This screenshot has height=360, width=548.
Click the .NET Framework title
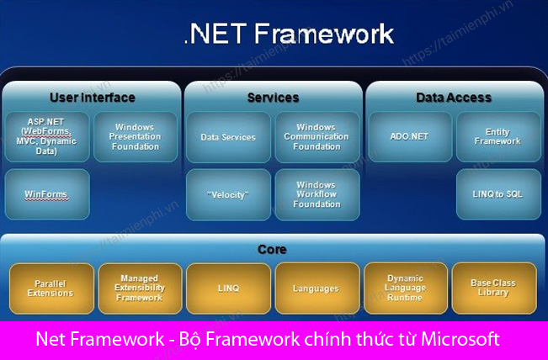pos(289,34)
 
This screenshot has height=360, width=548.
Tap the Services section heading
pos(273,98)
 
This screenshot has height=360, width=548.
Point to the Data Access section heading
pos(454,98)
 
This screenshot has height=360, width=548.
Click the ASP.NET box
pos(47,136)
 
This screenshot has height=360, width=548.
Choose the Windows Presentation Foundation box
pos(135,136)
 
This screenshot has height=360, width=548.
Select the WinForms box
pos(47,194)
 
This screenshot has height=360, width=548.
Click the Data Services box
pos(228,136)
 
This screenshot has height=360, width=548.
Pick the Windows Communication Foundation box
pos(317,136)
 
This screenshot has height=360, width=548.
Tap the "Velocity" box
pos(228,194)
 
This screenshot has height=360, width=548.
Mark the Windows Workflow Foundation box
pos(317,194)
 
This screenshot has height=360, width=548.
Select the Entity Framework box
pos(497,136)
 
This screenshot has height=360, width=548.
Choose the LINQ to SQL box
pos(497,194)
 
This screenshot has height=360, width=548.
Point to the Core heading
pos(272,250)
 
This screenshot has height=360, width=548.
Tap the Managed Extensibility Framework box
pos(140,289)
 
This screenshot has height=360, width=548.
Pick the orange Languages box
pos(316,289)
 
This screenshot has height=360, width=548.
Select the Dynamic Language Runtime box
pos(405,289)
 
